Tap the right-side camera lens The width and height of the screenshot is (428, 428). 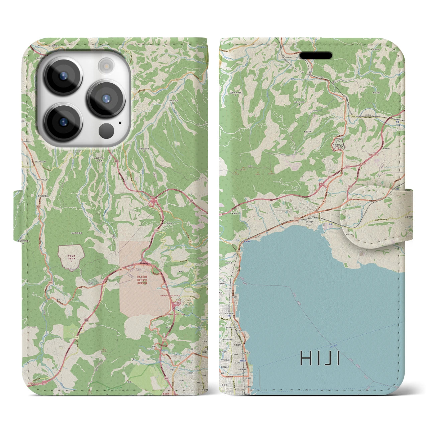(106, 99)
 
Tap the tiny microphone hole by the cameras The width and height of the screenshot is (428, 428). (119, 122)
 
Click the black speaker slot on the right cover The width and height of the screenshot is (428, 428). (316, 55)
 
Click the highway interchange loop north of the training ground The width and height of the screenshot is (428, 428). (154, 201)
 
